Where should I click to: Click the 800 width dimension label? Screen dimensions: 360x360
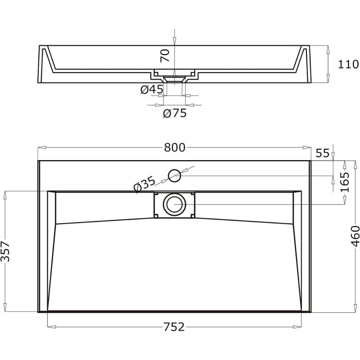(175, 148)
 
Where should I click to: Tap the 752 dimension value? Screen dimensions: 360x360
(174, 327)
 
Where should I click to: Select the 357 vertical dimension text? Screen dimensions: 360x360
(5, 252)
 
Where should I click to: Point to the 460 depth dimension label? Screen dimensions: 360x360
(355, 236)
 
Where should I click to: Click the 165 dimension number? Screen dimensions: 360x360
(345, 182)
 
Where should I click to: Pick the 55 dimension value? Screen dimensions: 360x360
(323, 153)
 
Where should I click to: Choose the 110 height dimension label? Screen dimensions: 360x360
(348, 64)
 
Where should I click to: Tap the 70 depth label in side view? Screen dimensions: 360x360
(165, 55)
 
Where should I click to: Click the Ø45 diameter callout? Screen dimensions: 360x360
(152, 89)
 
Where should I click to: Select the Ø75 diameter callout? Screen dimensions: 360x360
(175, 113)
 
